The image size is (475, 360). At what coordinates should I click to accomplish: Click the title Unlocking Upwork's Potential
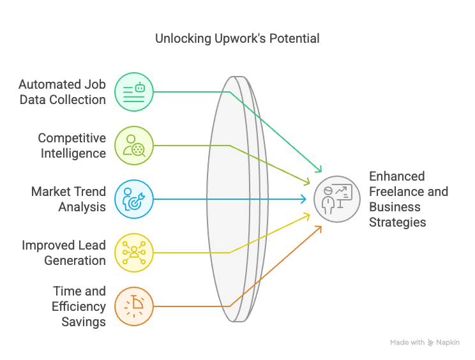point(237,39)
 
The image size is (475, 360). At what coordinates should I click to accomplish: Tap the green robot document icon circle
point(134,92)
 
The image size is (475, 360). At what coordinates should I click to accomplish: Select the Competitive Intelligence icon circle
point(134,146)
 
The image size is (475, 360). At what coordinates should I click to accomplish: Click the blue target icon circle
point(134,199)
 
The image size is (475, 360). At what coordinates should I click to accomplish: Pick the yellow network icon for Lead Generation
point(134,253)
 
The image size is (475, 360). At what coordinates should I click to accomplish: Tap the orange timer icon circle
point(134,306)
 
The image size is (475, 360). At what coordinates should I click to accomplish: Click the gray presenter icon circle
point(337,199)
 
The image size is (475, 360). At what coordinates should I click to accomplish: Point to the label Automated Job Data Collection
point(62,92)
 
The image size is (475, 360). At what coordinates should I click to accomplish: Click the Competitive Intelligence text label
point(72,146)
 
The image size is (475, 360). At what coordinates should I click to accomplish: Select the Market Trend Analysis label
point(68,199)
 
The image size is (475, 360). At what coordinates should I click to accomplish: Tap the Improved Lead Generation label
point(64,253)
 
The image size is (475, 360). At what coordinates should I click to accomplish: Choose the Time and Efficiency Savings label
point(79,306)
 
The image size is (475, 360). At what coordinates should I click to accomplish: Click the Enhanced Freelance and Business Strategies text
point(409,199)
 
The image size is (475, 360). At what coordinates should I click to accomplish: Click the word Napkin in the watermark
point(448,342)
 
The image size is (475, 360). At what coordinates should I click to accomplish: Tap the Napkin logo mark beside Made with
point(430,343)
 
